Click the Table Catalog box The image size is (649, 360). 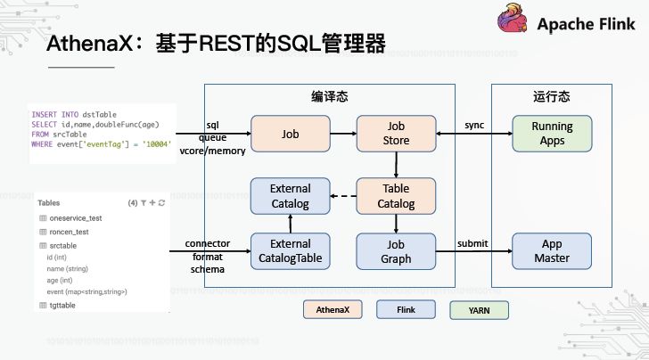(x=396, y=196)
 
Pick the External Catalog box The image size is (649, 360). (x=290, y=196)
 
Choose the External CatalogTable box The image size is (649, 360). (x=290, y=251)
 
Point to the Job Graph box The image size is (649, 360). (x=396, y=251)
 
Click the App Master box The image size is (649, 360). (x=552, y=251)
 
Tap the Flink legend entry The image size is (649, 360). (x=407, y=309)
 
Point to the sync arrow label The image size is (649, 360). (x=474, y=125)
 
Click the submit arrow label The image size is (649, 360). (x=472, y=243)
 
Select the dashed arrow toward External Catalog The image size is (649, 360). (x=343, y=196)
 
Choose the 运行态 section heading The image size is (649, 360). (x=551, y=95)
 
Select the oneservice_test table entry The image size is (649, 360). (x=76, y=218)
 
